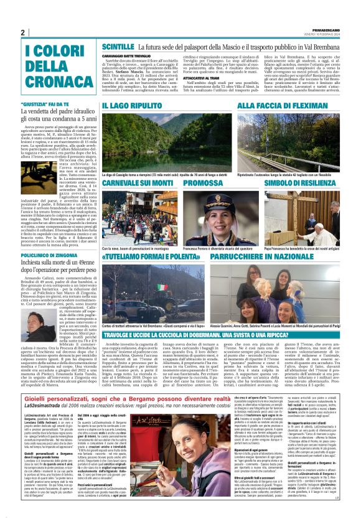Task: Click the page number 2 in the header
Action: click(x=22, y=32)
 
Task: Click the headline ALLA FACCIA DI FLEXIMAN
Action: click(x=276, y=106)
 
